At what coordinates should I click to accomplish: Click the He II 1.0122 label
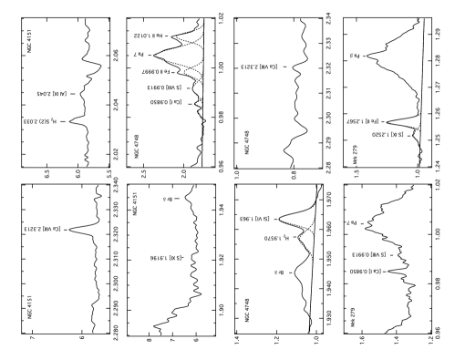point(148,36)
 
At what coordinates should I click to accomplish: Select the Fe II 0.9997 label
point(153,71)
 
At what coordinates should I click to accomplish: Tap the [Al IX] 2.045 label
point(52,94)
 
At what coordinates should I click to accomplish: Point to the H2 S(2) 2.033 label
point(40,121)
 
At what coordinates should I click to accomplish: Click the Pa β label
point(354,56)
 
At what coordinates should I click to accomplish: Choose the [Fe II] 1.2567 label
point(362,121)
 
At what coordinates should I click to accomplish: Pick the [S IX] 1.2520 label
point(387,135)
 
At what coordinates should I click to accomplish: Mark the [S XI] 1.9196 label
point(166,258)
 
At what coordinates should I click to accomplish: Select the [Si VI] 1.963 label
point(255,219)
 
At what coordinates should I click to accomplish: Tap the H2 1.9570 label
point(276,238)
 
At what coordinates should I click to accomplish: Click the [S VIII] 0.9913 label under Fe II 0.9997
point(164,87)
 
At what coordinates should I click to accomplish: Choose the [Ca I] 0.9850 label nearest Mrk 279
point(366,272)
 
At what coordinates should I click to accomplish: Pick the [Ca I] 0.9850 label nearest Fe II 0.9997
point(167,102)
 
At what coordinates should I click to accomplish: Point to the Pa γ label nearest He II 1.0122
point(139,55)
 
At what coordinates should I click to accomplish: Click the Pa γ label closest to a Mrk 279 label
point(351,222)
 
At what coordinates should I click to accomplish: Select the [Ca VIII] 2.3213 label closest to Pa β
point(260,67)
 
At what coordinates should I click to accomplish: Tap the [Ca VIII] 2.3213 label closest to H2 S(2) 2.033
point(43,229)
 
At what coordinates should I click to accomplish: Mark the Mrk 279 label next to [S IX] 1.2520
point(355,155)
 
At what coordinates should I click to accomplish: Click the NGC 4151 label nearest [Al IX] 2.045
point(29,42)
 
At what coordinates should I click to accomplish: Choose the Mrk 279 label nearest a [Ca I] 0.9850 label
point(353,317)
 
